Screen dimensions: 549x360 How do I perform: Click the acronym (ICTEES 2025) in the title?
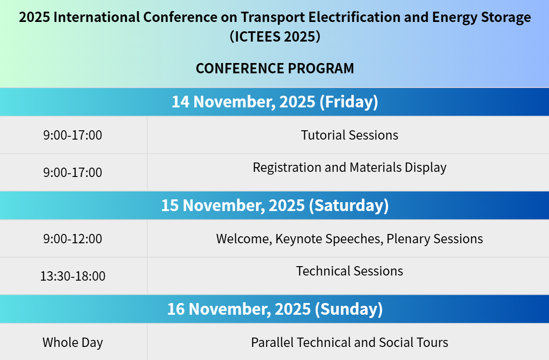click(275, 36)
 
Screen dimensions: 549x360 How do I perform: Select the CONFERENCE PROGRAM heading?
click(275, 68)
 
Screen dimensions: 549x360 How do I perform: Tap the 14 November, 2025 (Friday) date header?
click(275, 102)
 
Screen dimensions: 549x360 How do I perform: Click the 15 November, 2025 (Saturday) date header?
click(275, 205)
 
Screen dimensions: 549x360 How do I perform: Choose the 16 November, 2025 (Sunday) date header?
click(275, 309)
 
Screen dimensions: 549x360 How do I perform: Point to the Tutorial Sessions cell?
click(349, 135)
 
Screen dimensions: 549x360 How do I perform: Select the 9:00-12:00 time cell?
click(73, 239)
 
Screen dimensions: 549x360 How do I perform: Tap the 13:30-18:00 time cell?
click(73, 276)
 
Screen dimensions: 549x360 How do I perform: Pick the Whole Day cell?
click(73, 343)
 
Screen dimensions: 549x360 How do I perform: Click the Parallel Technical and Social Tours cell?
click(349, 343)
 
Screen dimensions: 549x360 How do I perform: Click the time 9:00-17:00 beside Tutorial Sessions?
click(73, 135)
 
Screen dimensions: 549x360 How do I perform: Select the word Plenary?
click(408, 239)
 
